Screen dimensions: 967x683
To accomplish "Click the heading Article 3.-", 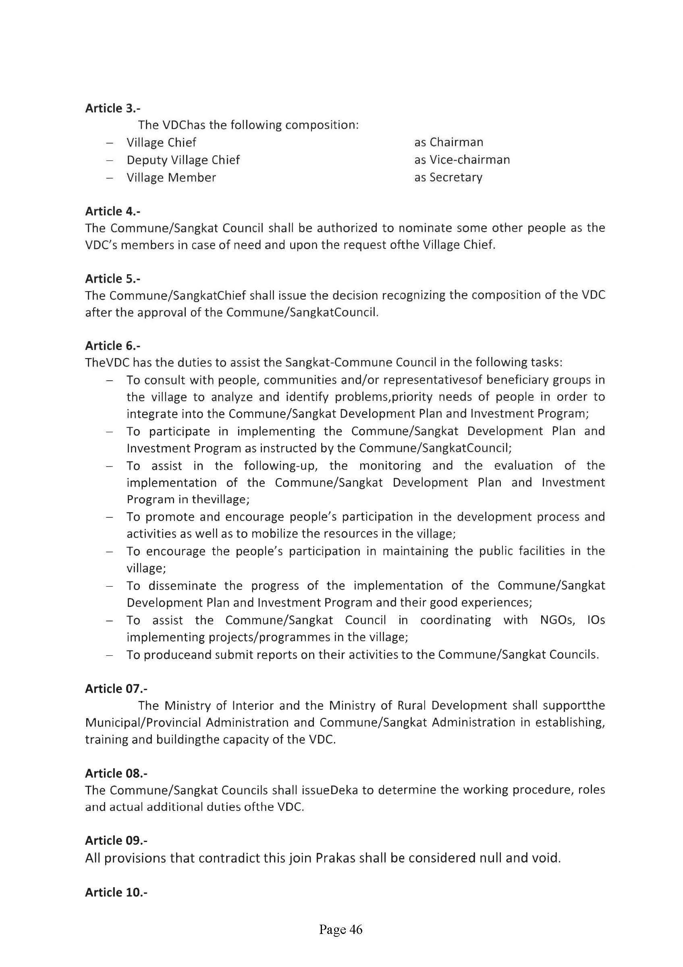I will (x=112, y=108).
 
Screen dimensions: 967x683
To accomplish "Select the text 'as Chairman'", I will (x=448, y=142).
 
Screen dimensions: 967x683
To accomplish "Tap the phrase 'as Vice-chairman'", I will (x=462, y=160).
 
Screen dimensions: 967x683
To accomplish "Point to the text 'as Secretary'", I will (x=448, y=177).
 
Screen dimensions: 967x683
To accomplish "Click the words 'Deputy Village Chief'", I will (x=183, y=160).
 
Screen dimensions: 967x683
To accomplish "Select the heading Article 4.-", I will (x=112, y=211).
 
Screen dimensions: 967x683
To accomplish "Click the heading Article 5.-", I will (x=112, y=278).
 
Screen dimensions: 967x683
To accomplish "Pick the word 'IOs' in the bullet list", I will (x=596, y=620).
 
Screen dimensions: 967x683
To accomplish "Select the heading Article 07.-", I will (x=116, y=689).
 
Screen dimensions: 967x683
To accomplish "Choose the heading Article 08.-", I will (x=116, y=773).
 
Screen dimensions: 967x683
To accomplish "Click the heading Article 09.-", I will (x=116, y=840).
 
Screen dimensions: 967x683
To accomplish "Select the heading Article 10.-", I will (x=116, y=892).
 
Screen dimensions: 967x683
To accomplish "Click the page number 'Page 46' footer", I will (x=340, y=929).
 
